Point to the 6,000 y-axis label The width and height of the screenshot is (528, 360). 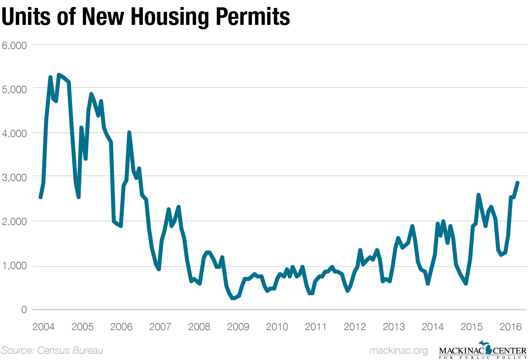pos(14,46)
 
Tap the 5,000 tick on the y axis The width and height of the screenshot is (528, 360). pos(14,90)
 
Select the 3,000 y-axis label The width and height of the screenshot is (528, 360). pos(14,178)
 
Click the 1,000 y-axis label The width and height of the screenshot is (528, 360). pos(14,266)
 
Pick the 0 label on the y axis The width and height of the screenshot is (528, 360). pos(24,310)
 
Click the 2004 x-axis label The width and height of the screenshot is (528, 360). pos(43,327)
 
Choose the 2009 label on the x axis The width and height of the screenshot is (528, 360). pos(238,327)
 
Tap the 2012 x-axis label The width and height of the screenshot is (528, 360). pos(355,327)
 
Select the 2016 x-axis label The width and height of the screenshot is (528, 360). pos(510,327)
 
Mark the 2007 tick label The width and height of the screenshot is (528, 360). pos(160,327)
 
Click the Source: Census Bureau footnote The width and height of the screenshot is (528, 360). pos(52,350)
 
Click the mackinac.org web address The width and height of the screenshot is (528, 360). pos(399,350)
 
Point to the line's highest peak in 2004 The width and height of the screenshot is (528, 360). pos(59,75)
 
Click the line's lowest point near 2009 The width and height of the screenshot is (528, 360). pos(233,298)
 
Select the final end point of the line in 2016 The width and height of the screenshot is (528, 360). pos(518,183)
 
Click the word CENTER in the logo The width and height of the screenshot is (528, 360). pos(510,351)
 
